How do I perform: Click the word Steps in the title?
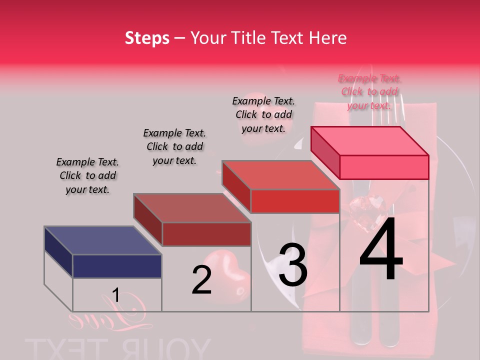pyautogui.click(x=147, y=38)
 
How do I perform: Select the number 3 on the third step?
pyautogui.click(x=292, y=265)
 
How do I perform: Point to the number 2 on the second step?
pyautogui.click(x=201, y=280)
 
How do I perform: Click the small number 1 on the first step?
pyautogui.click(x=115, y=295)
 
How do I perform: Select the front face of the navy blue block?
pyautogui.click(x=117, y=266)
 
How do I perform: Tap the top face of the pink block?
pyautogui.click(x=370, y=140)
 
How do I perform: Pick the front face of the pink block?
pyautogui.click(x=384, y=167)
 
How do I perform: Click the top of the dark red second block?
pyautogui.click(x=192, y=207)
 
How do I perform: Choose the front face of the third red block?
pyautogui.click(x=295, y=201)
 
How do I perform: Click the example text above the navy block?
pyautogui.click(x=87, y=175)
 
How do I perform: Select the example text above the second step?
pyautogui.click(x=174, y=146)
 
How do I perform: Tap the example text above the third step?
pyautogui.click(x=263, y=114)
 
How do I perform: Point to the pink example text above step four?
pyautogui.click(x=369, y=91)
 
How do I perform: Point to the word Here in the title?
pyautogui.click(x=328, y=38)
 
